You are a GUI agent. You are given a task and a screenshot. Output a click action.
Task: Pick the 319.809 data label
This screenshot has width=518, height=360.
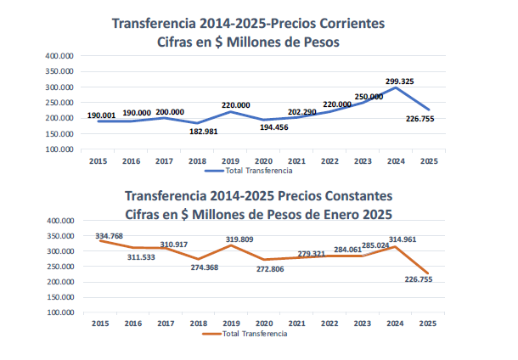coord(241,239)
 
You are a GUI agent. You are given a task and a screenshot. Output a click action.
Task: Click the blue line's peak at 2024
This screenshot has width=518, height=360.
coord(396,87)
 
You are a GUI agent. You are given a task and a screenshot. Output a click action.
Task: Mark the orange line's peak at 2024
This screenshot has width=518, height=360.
coord(396,247)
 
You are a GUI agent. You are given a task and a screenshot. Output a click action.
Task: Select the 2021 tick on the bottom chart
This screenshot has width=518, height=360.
coord(296,323)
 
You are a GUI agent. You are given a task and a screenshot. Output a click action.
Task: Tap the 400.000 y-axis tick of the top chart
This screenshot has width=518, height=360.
coord(60,56)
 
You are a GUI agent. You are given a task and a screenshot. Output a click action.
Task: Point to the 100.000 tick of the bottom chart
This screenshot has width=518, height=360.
coord(60,312)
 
